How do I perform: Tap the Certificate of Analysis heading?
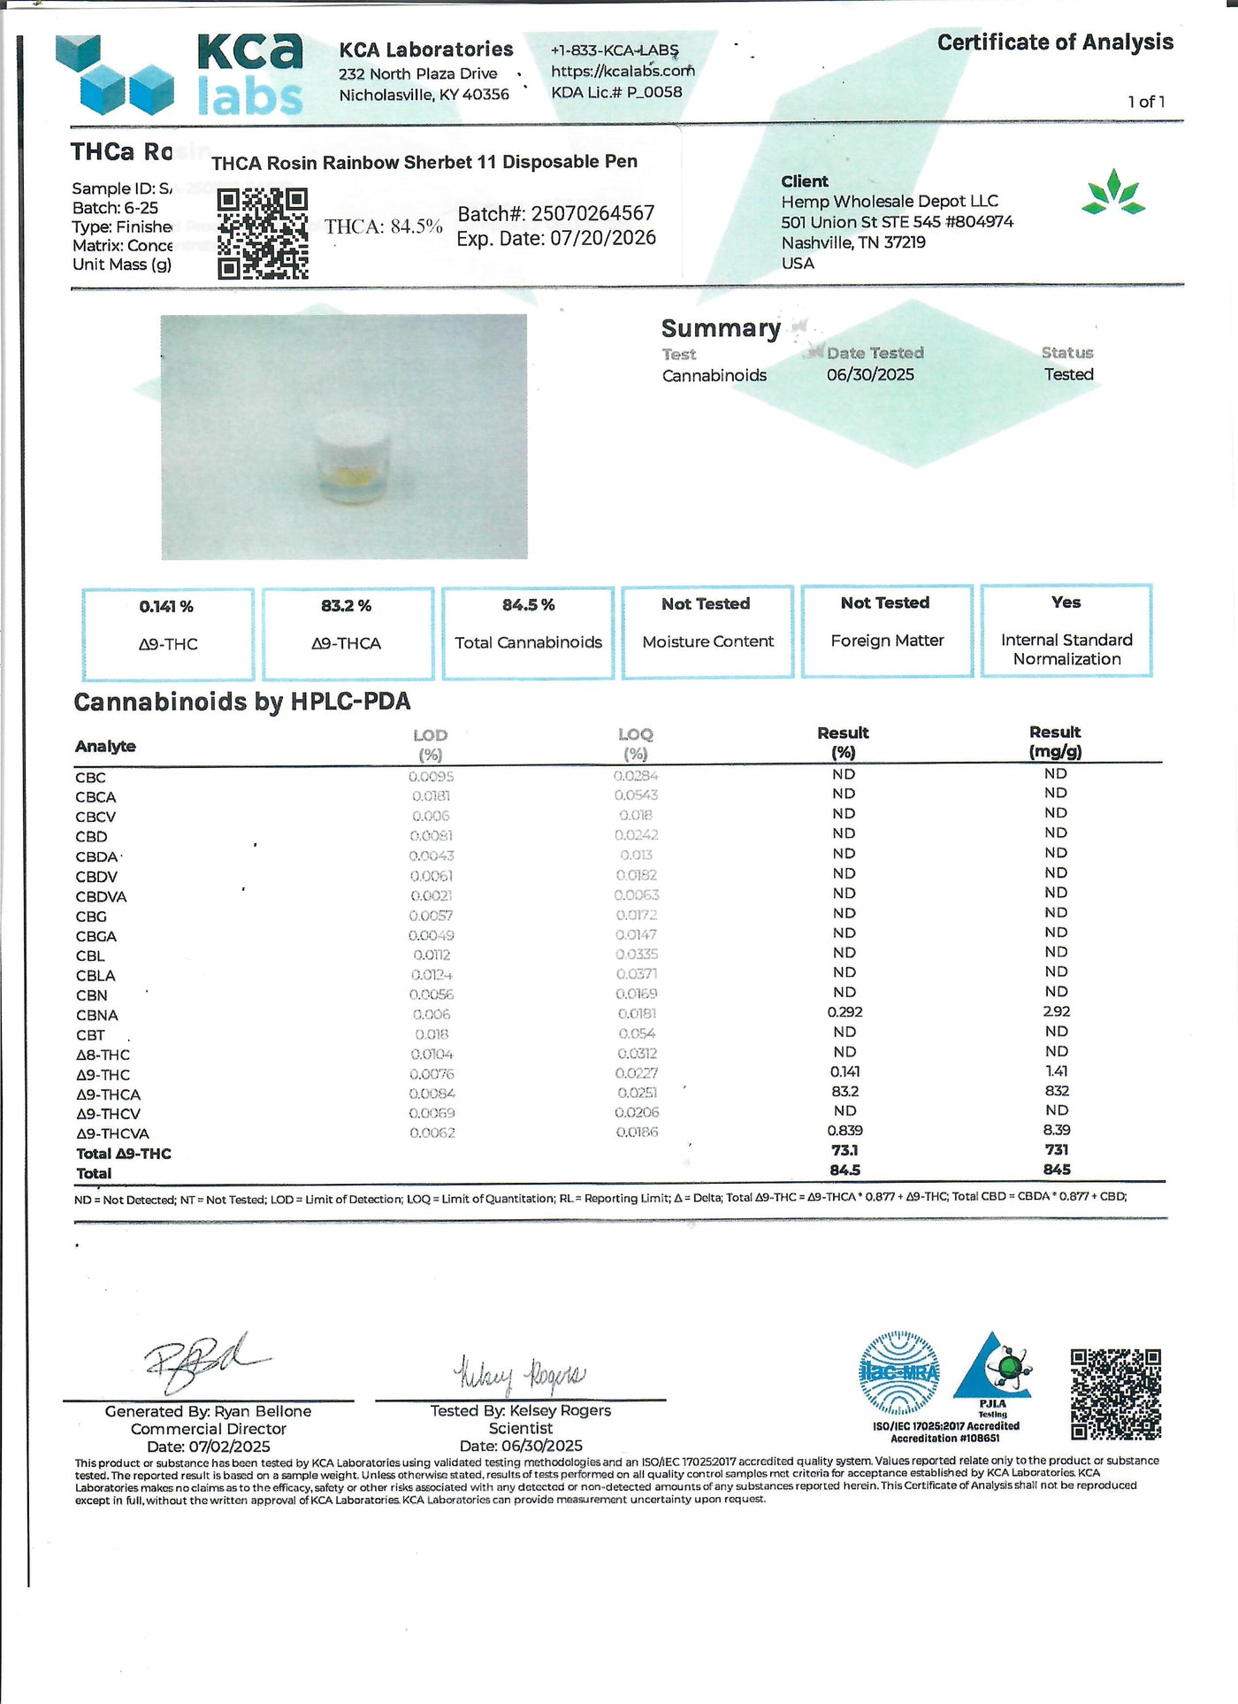(x=1055, y=42)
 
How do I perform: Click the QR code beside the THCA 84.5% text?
(x=263, y=234)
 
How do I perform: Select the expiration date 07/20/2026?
(x=556, y=238)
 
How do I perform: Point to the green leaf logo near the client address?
(x=1113, y=193)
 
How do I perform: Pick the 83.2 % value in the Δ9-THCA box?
(x=346, y=606)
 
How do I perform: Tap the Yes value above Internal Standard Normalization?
(x=1066, y=603)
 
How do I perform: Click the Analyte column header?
(x=105, y=746)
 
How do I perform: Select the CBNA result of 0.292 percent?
(x=844, y=1012)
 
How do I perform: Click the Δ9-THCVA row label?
(x=112, y=1134)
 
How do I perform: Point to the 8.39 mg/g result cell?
(x=1057, y=1131)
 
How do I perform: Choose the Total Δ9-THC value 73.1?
(x=844, y=1150)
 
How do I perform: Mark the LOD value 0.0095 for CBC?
(x=431, y=777)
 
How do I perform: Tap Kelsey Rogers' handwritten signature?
(x=519, y=1374)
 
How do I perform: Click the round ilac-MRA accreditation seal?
(x=899, y=1372)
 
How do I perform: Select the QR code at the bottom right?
(x=1115, y=1393)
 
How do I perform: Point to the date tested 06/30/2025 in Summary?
(x=870, y=375)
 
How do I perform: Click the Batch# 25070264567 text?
(x=556, y=214)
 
